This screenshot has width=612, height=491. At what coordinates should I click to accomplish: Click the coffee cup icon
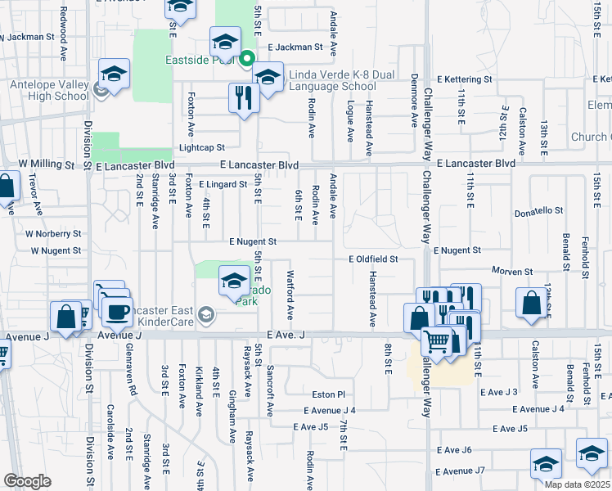click(x=116, y=311)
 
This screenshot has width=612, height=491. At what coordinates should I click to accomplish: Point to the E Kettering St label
click(x=463, y=79)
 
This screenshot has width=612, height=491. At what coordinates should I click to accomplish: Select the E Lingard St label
click(x=222, y=185)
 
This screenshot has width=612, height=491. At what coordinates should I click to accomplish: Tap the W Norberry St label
click(x=53, y=232)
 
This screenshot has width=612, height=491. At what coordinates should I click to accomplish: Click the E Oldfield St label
click(x=372, y=259)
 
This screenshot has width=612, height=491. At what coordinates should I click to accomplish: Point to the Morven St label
click(x=512, y=271)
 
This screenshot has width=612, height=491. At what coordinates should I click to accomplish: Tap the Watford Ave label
click(x=290, y=295)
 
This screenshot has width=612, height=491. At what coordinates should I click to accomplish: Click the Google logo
click(x=27, y=481)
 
